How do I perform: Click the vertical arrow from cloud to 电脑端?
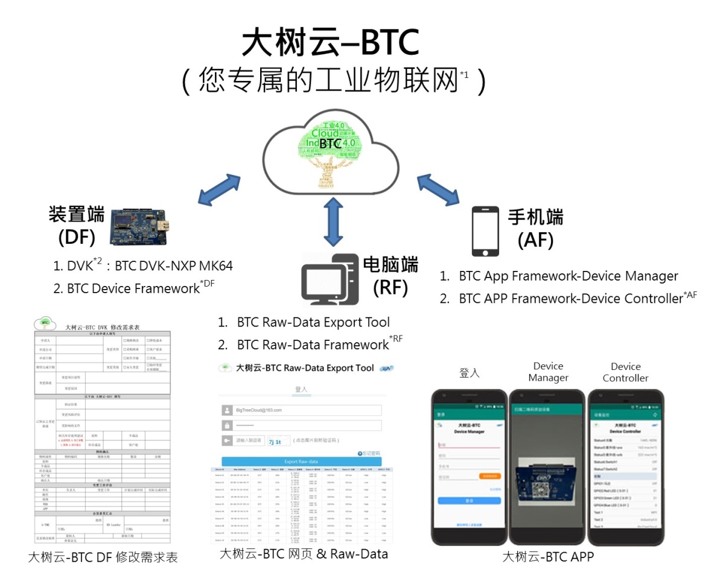[330, 222]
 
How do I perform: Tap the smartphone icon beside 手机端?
[486, 232]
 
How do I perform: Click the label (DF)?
[77, 238]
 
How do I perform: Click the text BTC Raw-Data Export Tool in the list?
[313, 322]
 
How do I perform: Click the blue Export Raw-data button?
[300, 461]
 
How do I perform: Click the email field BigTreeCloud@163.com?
[302, 410]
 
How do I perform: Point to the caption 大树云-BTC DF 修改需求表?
[103, 557]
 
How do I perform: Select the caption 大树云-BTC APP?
[548, 556]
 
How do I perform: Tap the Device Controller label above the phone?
[625, 372]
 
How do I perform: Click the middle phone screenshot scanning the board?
[547, 468]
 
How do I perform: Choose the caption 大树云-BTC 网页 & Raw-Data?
[304, 554]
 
